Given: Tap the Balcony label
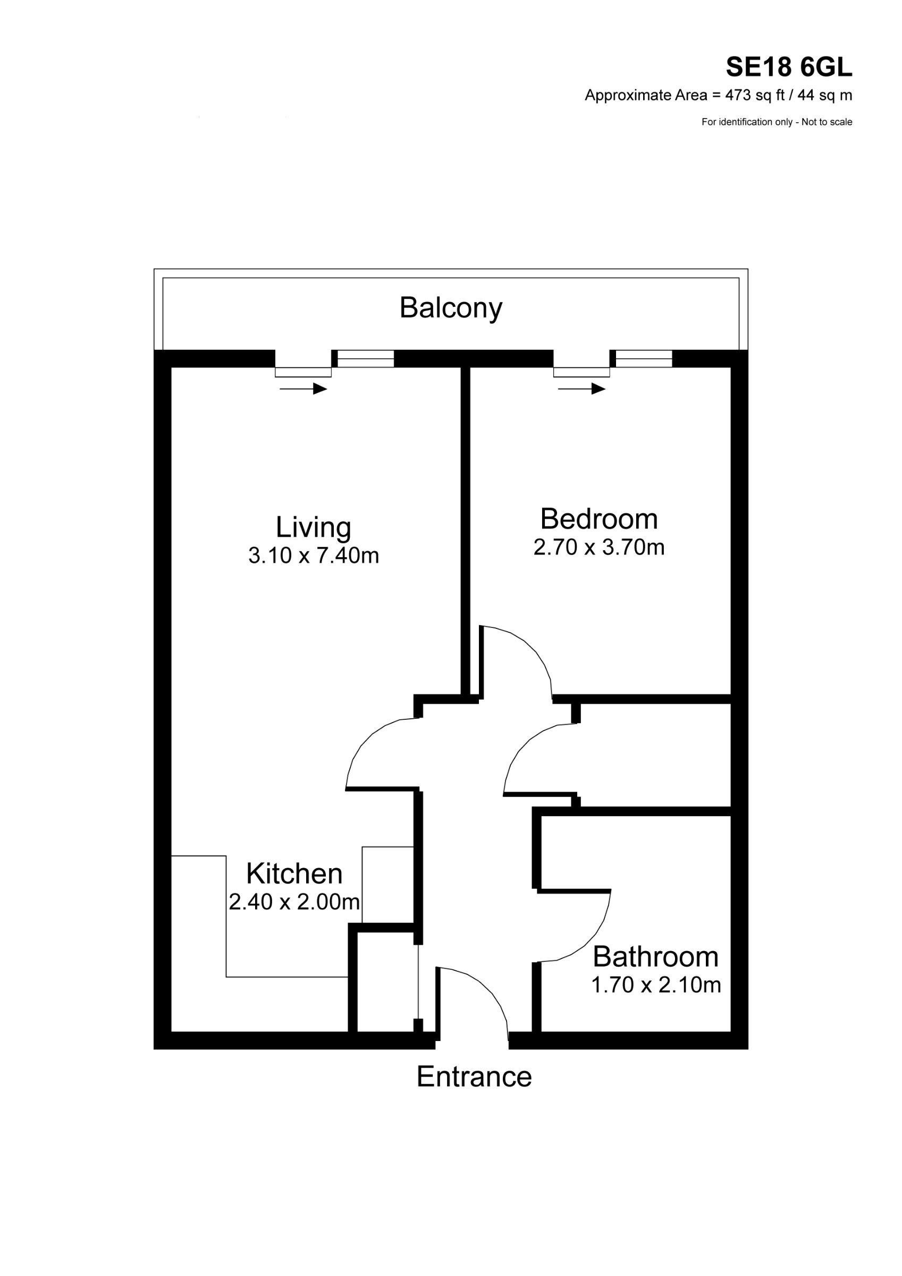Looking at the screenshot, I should click(451, 308).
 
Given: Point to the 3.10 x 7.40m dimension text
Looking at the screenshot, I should click(314, 555).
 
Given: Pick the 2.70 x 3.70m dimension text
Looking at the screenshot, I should click(598, 547).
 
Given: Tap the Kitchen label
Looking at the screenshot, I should click(294, 874).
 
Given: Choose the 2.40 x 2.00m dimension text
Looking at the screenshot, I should click(294, 901).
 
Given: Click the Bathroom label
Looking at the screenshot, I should click(655, 956).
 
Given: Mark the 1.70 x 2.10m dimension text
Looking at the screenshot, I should click(655, 985).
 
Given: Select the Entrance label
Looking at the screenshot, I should click(474, 1077).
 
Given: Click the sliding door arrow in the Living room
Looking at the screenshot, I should click(303, 389).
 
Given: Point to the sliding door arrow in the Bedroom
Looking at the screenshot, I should click(581, 389).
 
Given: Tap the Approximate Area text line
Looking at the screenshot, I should click(718, 96).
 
